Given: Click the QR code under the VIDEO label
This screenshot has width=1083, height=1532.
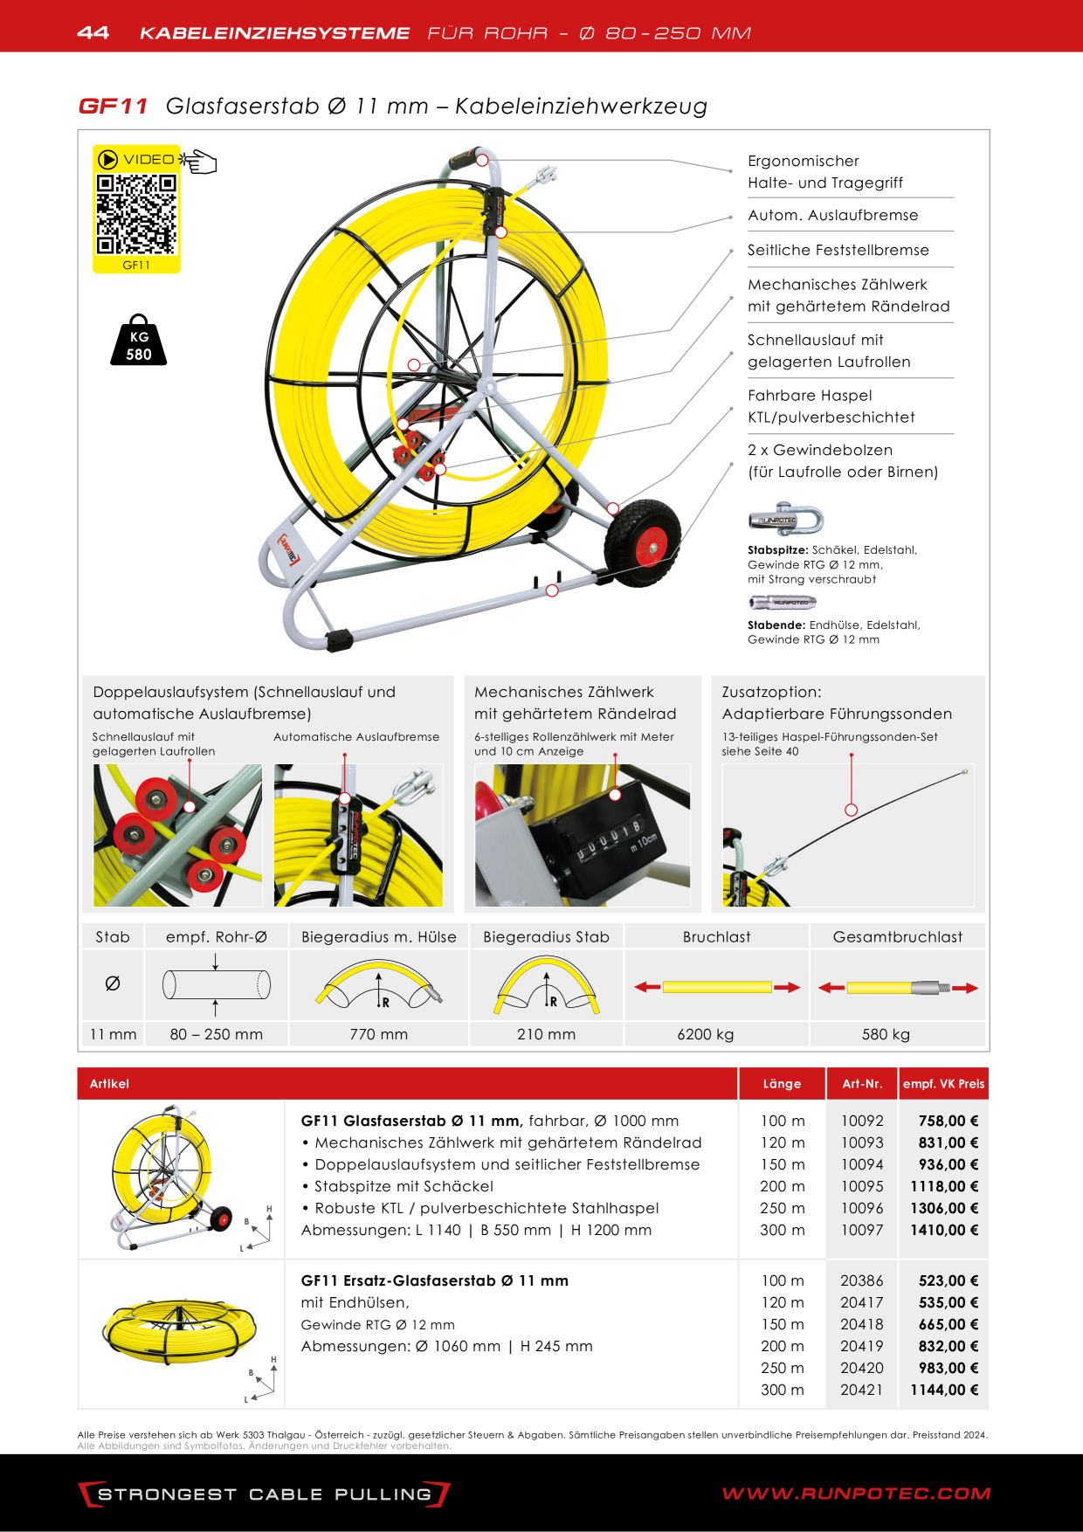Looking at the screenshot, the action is point(136,214).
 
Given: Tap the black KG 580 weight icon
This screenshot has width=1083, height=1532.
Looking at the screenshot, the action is point(139,340).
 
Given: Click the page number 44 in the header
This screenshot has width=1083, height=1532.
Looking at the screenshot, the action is point(93,32).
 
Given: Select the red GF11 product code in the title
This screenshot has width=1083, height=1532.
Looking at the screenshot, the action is point(114,107).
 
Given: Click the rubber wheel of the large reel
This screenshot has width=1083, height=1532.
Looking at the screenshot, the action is point(643,543).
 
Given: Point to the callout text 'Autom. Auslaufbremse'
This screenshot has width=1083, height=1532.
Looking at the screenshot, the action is point(833,215).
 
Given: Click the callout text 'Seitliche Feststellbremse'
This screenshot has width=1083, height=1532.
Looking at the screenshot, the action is point(838,250).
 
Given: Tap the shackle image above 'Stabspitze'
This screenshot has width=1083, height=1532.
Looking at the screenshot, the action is point(786,520).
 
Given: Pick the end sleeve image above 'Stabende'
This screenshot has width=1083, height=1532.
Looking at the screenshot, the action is point(783,602).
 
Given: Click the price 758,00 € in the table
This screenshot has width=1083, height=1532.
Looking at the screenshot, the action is point(948,1121).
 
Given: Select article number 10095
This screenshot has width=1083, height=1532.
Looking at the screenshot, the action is point(862,1186).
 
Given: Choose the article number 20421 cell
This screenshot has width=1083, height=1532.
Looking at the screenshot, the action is point(862,1390).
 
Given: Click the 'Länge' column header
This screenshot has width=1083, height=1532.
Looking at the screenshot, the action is point(782,1084).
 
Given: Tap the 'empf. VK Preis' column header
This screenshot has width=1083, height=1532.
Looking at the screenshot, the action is point(944,1084).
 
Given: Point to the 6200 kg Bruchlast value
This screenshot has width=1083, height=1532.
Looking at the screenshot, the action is point(706,1034).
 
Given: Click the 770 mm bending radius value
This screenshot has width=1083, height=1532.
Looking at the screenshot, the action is point(379,1034).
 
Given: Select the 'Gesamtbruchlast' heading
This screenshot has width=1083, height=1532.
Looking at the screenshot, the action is point(898,937).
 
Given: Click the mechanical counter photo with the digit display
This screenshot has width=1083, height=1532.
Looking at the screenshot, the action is point(583,836).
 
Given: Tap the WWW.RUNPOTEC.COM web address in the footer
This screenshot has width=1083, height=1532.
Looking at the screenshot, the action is point(856,1494).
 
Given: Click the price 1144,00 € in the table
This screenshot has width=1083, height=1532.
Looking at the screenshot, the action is point(944,1390).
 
